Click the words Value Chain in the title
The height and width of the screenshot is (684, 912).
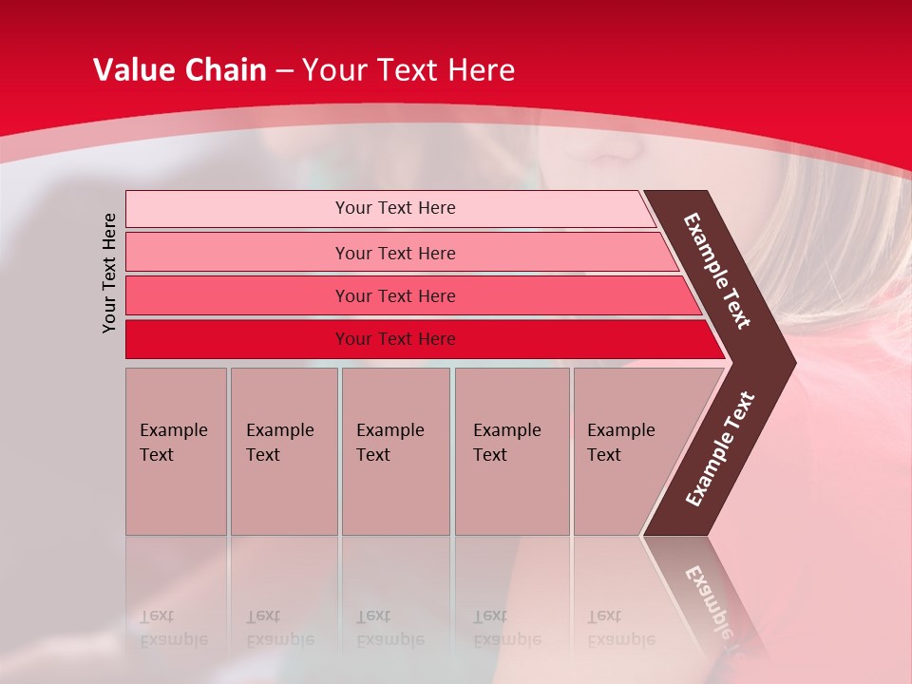[x=180, y=70]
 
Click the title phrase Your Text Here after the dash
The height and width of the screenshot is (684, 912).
[x=408, y=70]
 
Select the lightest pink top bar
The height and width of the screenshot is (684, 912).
[x=237, y=209]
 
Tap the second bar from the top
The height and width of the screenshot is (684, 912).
[x=237, y=253]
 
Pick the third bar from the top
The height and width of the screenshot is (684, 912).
[x=237, y=296]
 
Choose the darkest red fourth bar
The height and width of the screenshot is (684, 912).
[x=237, y=339]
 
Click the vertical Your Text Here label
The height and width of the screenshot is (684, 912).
[x=109, y=274]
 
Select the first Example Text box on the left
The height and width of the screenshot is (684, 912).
[x=176, y=451]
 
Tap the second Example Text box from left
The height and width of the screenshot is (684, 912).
[x=283, y=451]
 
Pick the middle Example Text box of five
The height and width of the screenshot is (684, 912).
[x=395, y=451]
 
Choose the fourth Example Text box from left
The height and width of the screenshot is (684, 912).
[x=512, y=451]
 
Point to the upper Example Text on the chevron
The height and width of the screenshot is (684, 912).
[x=717, y=271]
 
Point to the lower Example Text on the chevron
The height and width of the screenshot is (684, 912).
[x=720, y=449]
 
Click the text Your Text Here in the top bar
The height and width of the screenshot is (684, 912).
[x=395, y=208]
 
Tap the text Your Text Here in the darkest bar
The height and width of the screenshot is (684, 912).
[x=395, y=339]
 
